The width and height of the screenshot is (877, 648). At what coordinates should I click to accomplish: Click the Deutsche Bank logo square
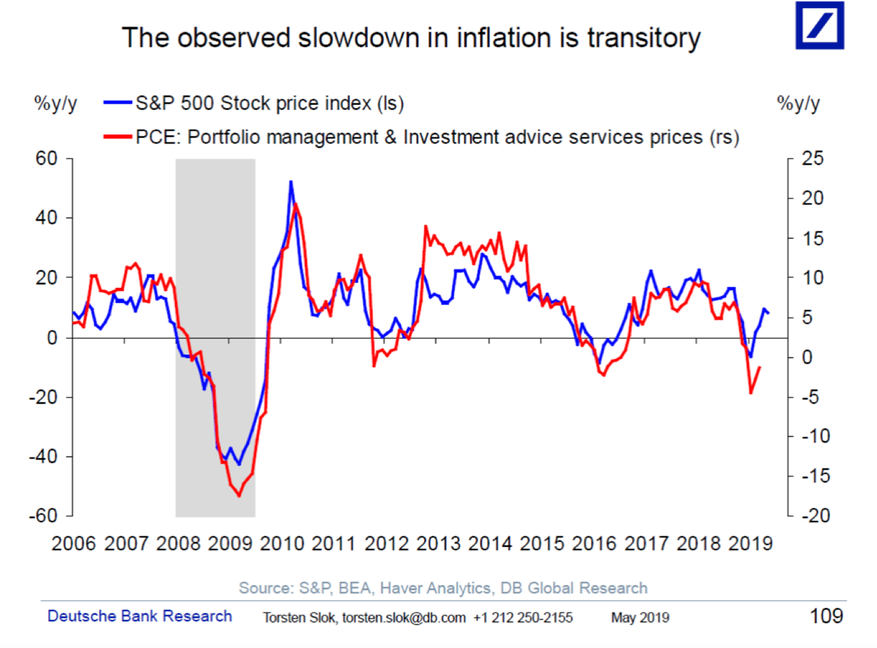pos(820,25)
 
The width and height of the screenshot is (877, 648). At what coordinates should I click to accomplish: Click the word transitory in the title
pos(643,38)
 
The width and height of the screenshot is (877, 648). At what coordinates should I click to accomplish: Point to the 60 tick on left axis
pos(46,158)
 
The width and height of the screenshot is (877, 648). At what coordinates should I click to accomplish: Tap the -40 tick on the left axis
pos(43,456)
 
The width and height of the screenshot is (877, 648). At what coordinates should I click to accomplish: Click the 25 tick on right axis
pos(812,158)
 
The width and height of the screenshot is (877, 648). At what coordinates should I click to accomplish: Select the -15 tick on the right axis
pos(815,475)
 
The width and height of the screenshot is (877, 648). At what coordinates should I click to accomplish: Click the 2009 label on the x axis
pos(230,544)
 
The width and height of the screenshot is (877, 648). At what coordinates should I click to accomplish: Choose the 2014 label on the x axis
pos(490,544)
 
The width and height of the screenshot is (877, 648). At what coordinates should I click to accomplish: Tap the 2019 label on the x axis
pos(751,544)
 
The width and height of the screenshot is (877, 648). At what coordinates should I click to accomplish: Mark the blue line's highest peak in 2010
pos(291,182)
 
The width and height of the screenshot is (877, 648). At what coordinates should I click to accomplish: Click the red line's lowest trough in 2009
pos(239,496)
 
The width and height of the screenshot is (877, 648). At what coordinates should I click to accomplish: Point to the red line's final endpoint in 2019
pos(760,367)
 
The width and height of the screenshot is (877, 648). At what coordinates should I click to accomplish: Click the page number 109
pos(826,616)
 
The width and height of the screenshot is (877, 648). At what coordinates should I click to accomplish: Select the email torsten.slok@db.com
pos(404,618)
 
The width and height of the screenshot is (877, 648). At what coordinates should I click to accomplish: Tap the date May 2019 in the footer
pos(640,618)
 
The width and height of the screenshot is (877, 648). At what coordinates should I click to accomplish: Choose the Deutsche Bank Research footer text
pos(140,616)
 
